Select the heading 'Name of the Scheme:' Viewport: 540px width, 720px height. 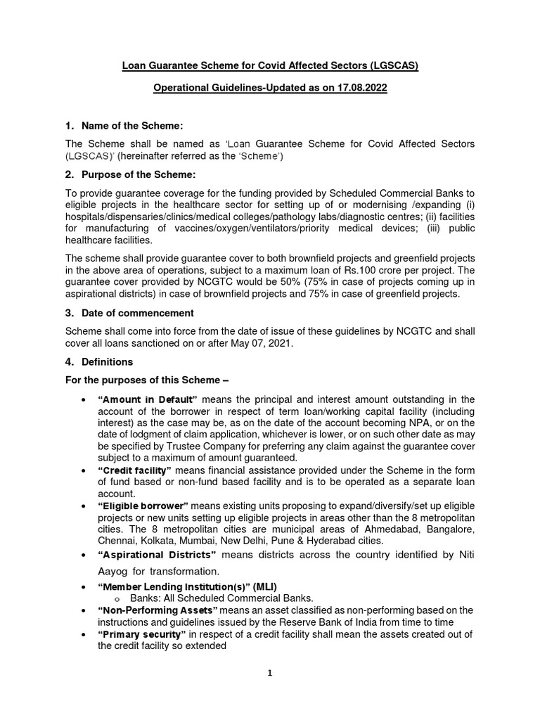(x=132, y=126)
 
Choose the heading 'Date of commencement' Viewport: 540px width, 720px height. (x=138, y=313)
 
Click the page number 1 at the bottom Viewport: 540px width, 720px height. (x=269, y=673)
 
